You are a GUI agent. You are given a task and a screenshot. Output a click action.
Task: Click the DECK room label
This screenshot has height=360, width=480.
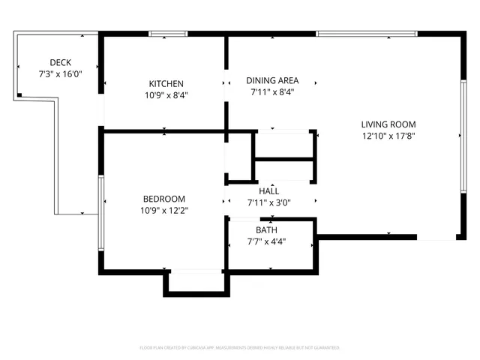(60, 62)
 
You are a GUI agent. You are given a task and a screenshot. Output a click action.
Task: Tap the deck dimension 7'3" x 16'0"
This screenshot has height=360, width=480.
(60, 74)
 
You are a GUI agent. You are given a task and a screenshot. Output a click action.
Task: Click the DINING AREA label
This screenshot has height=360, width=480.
(272, 80)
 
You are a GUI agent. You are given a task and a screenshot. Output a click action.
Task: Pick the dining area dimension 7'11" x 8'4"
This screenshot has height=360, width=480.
(272, 92)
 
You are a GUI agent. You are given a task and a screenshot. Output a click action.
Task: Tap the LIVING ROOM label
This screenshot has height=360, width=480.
(388, 124)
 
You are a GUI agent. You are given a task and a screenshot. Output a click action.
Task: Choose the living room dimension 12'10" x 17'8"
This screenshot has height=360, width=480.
(388, 136)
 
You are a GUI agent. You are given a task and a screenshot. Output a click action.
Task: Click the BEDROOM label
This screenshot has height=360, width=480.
(164, 199)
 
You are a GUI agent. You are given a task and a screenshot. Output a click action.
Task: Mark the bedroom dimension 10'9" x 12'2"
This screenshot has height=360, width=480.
(164, 211)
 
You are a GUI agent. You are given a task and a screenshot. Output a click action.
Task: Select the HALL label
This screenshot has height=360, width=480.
(268, 191)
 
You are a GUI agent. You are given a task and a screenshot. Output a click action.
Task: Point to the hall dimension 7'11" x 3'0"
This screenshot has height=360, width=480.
(269, 202)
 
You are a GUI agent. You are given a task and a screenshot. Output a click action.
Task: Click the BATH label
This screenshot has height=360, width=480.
(266, 230)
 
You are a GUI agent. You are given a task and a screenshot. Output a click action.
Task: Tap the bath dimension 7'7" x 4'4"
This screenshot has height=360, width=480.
(266, 241)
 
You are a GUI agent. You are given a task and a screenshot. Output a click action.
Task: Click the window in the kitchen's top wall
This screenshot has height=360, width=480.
(167, 34)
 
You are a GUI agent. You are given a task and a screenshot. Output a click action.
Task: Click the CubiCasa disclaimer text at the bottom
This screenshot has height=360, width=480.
(240, 348)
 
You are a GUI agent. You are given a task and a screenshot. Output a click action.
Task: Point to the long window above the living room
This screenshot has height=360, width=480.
(366, 34)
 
